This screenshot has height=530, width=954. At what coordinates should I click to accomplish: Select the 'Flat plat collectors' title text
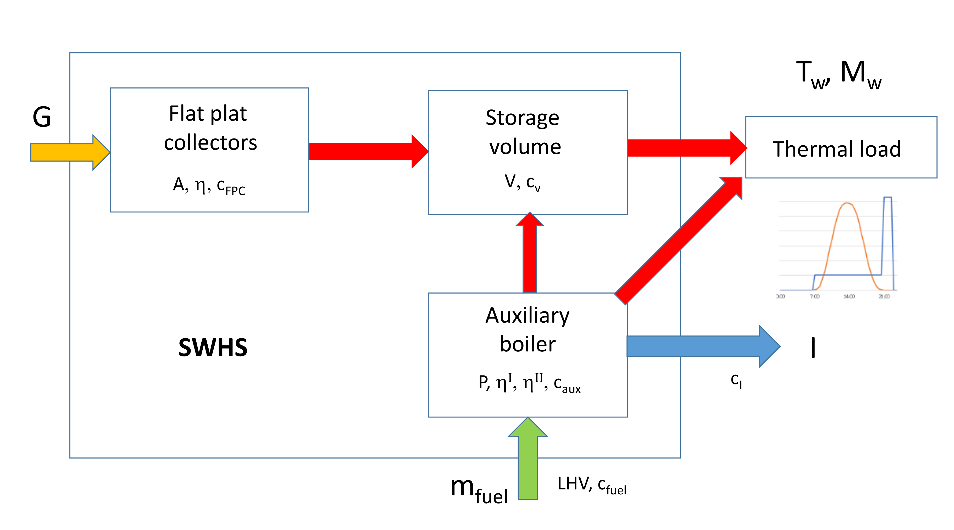210,128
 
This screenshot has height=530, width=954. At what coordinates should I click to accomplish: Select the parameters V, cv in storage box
522,182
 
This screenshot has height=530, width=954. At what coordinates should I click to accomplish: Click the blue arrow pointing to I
700,346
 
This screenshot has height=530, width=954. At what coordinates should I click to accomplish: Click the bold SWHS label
213,347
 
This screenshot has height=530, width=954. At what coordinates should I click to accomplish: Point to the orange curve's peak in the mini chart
847,203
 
